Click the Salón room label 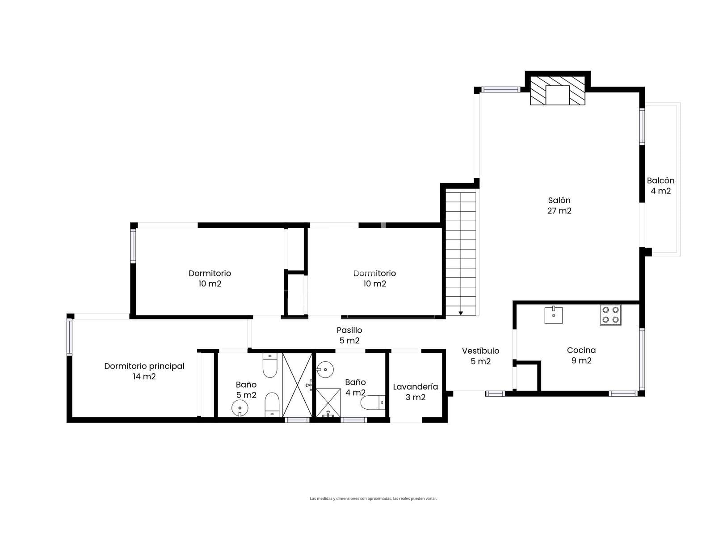[559, 201]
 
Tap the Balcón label [660, 180]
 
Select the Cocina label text [581, 350]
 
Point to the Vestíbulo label [480, 351]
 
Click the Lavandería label [415, 387]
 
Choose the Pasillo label [349, 330]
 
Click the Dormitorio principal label [144, 366]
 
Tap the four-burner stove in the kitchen [610, 315]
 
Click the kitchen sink [553, 315]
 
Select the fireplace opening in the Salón [557, 95]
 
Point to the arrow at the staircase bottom [461, 313]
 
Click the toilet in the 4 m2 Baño [373, 402]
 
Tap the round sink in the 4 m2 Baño [324, 370]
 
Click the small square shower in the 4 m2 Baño [328, 402]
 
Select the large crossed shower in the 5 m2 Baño [297, 385]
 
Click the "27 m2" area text [559, 211]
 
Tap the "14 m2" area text [144, 377]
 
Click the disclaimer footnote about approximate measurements [373, 498]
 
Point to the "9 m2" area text [581, 360]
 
